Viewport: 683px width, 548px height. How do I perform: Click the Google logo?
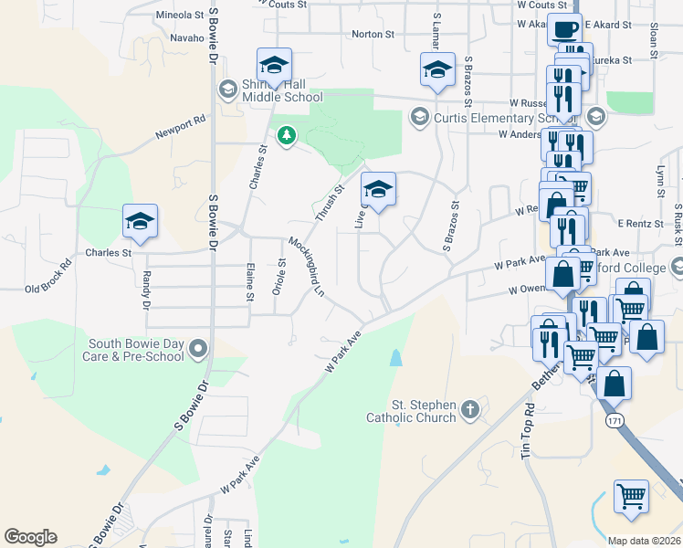click(x=30, y=537)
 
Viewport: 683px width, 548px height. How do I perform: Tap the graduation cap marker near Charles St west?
click(x=141, y=221)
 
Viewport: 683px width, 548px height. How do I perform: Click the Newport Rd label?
click(x=180, y=132)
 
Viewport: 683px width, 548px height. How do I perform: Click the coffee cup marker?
click(x=564, y=29)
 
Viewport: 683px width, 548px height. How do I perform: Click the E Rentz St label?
click(x=638, y=223)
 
